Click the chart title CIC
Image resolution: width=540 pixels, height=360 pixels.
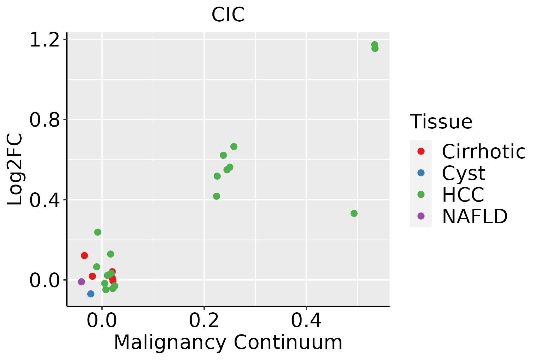228,15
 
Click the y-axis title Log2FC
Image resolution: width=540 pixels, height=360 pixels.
15,169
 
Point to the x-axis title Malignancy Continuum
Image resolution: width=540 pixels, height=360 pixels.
228,343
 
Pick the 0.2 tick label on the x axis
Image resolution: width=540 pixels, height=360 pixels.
204,321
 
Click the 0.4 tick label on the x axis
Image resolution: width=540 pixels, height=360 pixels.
306,321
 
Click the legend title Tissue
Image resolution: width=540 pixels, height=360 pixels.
441,122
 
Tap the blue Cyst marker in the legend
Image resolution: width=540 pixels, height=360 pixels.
421,173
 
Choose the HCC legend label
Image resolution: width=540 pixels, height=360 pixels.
463,194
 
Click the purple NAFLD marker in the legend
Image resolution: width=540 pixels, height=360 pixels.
421,216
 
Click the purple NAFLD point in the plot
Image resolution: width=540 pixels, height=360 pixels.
81,282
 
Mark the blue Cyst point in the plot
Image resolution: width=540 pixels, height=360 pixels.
91,294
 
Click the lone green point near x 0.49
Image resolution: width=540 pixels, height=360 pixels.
354,213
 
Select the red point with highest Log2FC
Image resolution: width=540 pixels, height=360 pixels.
84,256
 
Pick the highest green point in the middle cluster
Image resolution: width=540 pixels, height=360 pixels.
234,147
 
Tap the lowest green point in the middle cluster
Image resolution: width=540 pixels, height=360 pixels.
217,196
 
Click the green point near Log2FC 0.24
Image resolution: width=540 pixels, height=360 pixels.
97,232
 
